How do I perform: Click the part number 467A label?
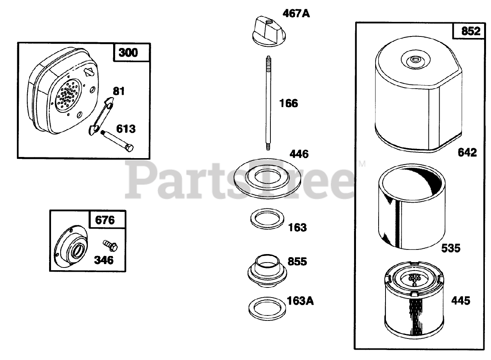click(x=296, y=14)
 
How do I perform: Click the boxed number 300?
click(x=128, y=53)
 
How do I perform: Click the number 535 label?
click(x=450, y=248)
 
